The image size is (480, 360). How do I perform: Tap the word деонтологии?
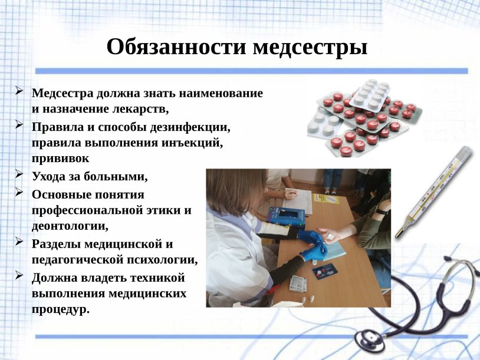pos(70,225)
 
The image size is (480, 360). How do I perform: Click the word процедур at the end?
pos(61,308)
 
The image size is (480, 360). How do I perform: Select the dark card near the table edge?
pos(323,272)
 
